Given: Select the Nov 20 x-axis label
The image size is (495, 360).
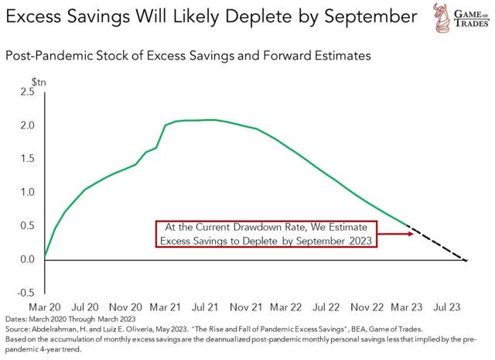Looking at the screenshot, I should point(126,307).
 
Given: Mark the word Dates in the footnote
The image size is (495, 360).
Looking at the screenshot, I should point(15,319).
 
